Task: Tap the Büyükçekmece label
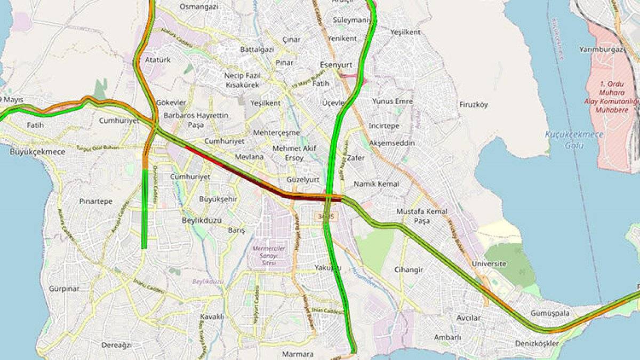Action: pos(37,152)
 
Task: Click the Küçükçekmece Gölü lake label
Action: pos(574,139)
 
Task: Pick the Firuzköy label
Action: pos(474,105)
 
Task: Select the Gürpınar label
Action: pos(64,289)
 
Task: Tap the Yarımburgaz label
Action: pos(602,50)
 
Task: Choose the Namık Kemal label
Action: pos(377,184)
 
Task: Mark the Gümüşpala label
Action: pos(550,313)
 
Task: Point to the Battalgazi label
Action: pos(257,49)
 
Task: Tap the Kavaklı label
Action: pos(212,317)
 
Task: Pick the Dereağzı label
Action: pos(116,345)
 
